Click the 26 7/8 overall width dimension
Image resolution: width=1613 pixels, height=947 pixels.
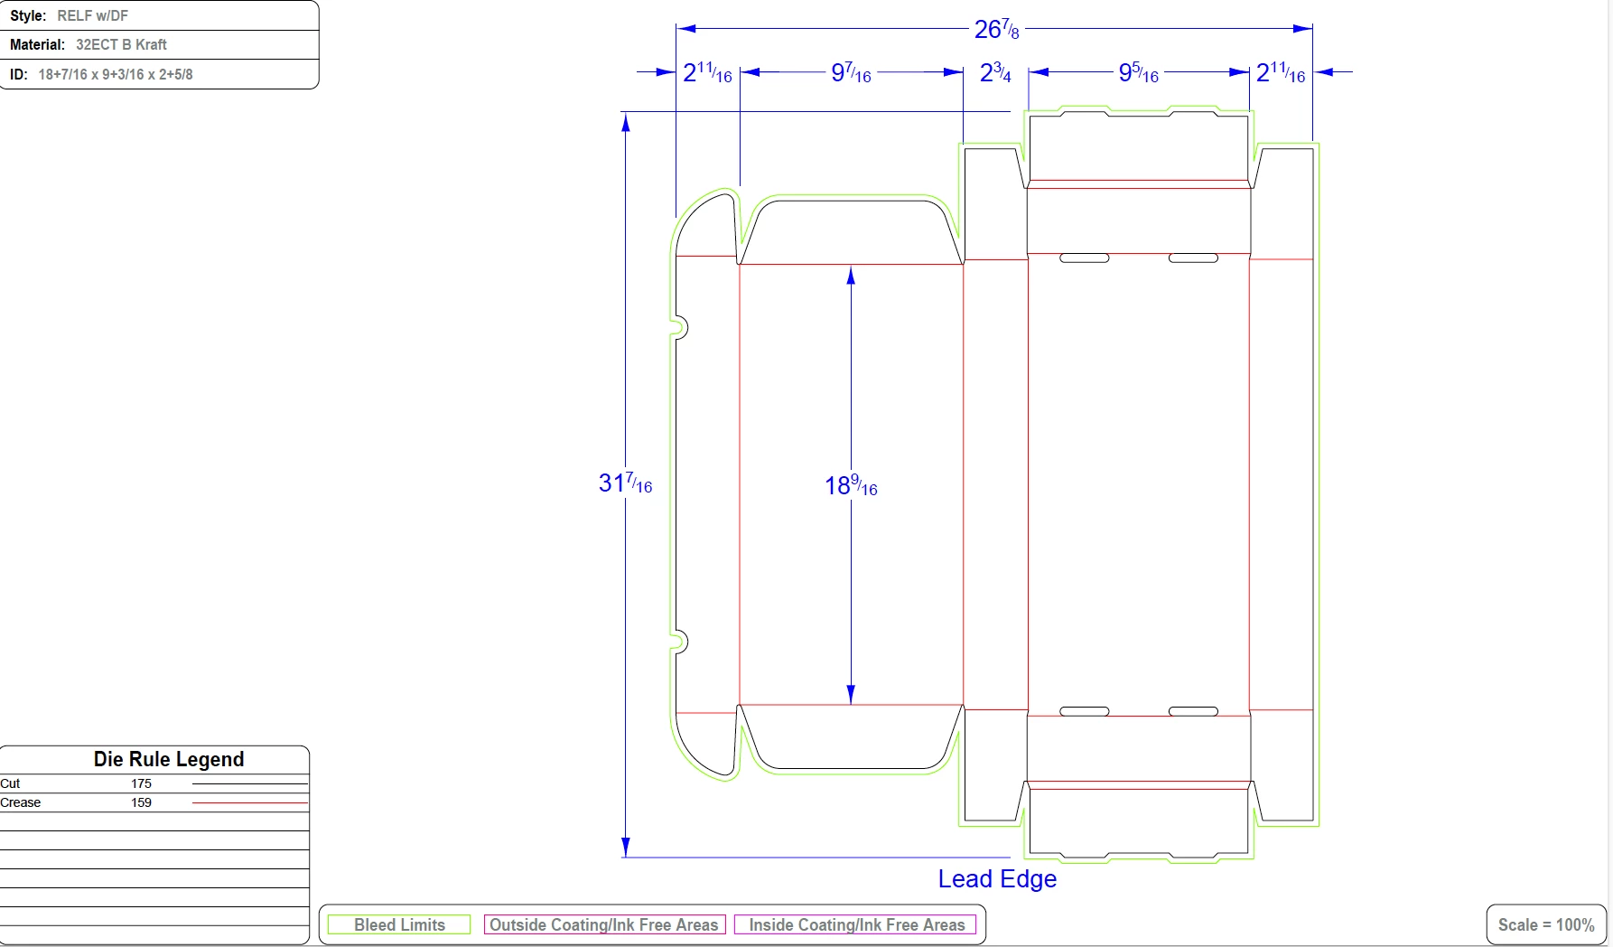(996, 30)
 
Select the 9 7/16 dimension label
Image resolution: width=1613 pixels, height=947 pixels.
(851, 73)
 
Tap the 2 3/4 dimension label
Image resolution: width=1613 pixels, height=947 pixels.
(995, 73)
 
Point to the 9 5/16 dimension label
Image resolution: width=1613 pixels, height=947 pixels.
(1138, 73)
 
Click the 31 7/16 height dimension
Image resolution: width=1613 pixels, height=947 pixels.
(625, 483)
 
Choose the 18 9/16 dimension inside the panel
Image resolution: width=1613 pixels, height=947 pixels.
(851, 486)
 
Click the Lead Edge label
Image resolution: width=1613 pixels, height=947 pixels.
(997, 879)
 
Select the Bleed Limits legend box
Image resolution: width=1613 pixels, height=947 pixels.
(399, 924)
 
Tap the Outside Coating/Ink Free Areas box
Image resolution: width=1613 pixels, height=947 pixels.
(604, 924)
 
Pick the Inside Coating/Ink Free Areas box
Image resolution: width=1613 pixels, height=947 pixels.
(856, 924)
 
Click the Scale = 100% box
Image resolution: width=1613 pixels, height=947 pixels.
(1546, 924)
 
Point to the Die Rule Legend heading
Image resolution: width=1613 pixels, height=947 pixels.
(169, 759)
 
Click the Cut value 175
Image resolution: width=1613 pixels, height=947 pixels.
(141, 783)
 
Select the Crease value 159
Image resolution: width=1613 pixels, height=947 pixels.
(141, 802)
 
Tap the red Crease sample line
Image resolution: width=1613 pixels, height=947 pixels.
(250, 802)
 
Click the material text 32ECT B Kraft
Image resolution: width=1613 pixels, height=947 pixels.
(121, 44)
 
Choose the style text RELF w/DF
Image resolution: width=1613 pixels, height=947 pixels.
(92, 16)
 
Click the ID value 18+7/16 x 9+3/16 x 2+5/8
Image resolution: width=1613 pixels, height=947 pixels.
(116, 74)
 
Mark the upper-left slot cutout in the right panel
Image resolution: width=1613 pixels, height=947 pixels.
(1084, 258)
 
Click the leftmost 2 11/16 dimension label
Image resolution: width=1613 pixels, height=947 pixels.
(707, 73)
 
